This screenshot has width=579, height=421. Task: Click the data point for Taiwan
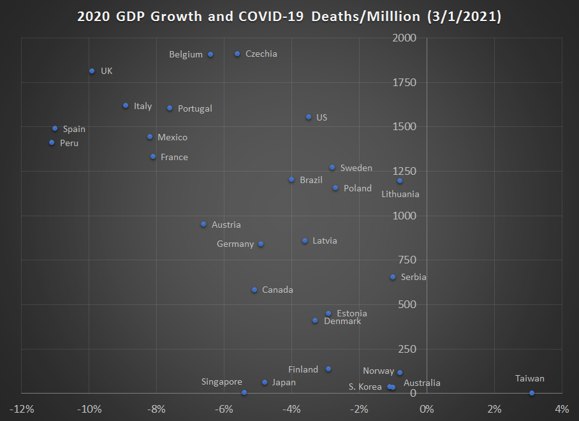point(532,393)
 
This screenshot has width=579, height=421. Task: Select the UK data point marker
point(92,71)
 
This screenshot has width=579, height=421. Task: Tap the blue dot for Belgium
point(210,54)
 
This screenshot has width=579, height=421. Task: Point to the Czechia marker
point(237,54)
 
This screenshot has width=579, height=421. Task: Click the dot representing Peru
point(52,142)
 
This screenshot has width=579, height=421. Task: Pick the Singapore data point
point(244,392)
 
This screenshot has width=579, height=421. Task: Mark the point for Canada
point(254,290)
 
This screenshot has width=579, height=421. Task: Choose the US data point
point(309,117)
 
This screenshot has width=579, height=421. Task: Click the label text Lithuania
point(400,194)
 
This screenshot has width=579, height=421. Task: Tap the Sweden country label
point(356,168)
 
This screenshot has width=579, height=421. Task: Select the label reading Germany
point(235,244)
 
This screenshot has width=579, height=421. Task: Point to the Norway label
point(378,371)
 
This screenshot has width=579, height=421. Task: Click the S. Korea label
point(365,387)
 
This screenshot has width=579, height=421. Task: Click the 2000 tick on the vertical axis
point(404,38)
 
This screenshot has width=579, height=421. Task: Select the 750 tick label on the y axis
point(407,260)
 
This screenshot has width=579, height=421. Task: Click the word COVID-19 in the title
point(272,17)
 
